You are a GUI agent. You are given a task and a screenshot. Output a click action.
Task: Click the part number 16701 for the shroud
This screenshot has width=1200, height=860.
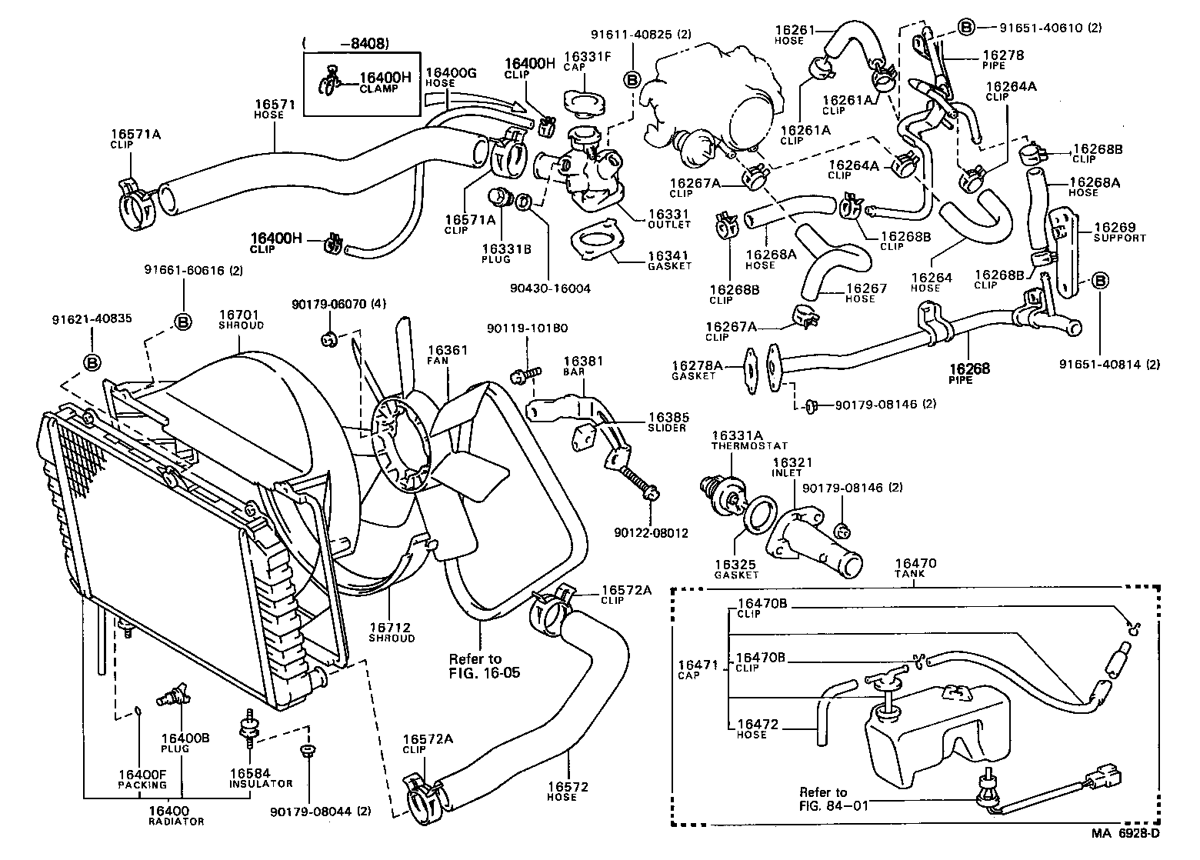click(x=241, y=315)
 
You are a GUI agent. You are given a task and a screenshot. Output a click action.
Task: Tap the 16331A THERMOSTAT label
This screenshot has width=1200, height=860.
click(x=738, y=440)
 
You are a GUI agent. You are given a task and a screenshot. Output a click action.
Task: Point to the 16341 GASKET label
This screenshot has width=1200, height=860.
click(x=668, y=260)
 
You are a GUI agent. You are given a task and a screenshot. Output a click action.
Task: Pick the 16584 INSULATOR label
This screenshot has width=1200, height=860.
click(x=259, y=777)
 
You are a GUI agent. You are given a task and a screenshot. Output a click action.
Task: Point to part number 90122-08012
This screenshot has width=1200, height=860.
click(x=651, y=532)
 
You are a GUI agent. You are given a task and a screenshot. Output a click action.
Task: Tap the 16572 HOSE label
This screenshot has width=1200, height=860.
click(x=567, y=791)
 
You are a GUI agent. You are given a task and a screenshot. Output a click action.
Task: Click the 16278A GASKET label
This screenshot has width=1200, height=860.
click(x=697, y=370)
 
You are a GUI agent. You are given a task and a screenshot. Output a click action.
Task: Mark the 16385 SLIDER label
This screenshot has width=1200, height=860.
click(x=668, y=422)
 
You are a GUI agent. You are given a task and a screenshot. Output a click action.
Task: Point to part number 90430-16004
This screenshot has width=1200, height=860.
click(x=549, y=288)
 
